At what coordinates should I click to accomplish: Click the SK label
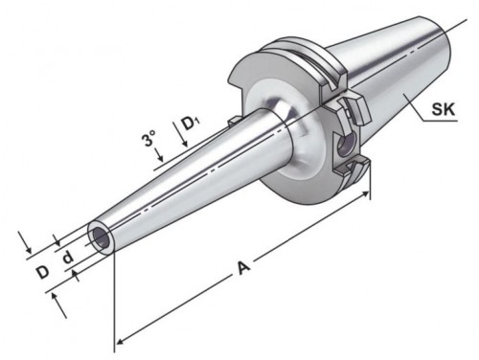(x=444, y=109)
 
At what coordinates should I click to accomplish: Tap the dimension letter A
(x=243, y=267)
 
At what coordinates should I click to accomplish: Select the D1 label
(x=192, y=124)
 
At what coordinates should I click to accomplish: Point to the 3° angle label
(x=148, y=138)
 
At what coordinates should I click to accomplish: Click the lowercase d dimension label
(x=68, y=257)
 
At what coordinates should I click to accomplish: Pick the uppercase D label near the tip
(x=42, y=273)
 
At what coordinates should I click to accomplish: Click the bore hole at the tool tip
(x=101, y=238)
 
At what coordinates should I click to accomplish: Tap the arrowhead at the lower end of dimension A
(x=120, y=341)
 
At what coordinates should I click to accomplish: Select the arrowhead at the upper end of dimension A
(x=365, y=193)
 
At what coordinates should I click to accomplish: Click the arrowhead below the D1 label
(x=185, y=145)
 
